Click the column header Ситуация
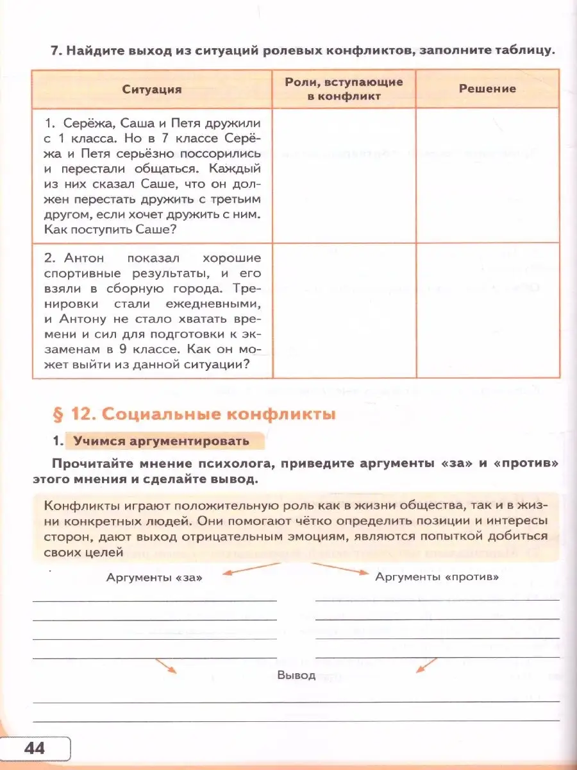click(152, 89)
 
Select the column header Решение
click(487, 89)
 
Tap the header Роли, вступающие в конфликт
click(344, 89)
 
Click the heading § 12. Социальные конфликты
click(194, 415)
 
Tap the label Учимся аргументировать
click(160, 441)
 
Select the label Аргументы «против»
click(437, 577)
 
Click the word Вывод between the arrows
click(297, 675)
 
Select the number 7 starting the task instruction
click(55, 51)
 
